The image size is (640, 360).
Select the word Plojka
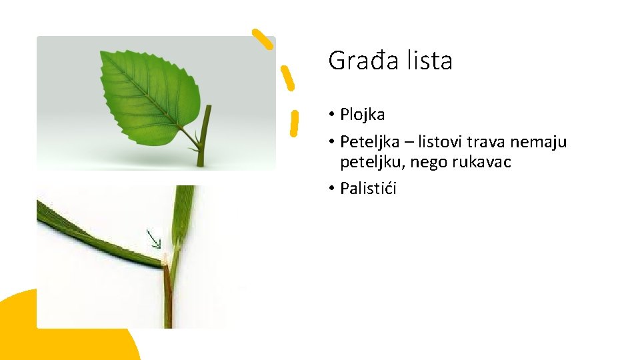[x=362, y=115]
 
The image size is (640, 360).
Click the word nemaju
[x=541, y=142]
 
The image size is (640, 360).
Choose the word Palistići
[x=368, y=189]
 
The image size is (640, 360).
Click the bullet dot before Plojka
[x=331, y=115]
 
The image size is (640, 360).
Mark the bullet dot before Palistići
[x=331, y=189]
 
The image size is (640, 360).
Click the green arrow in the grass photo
[x=154, y=239]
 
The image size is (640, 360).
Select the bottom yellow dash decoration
[x=294, y=123]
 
